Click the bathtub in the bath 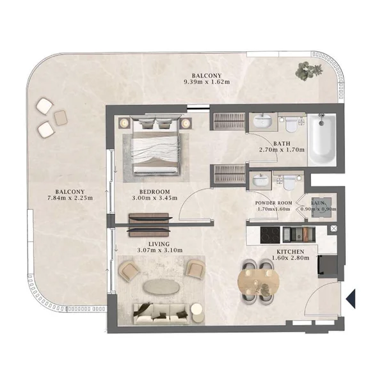point(322,140)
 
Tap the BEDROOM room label point(154,192)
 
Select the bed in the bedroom point(157,146)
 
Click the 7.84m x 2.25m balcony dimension point(70,198)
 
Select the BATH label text point(282,144)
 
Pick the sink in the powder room point(260,179)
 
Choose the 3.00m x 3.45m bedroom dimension point(154,199)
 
